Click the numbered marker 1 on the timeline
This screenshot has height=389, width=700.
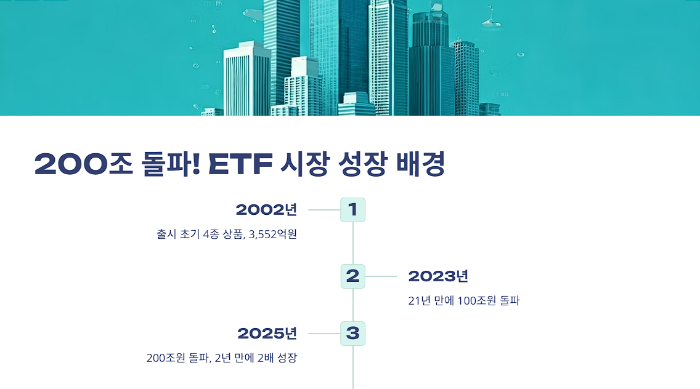point(353,210)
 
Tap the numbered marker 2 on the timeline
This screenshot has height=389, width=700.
point(353,276)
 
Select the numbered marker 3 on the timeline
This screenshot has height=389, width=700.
point(353,334)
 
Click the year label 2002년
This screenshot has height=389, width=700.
point(266,210)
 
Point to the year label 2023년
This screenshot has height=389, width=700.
point(438,276)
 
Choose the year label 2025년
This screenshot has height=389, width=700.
point(267,334)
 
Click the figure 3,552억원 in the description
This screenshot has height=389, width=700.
point(273,235)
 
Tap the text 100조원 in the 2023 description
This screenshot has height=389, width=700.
point(477,301)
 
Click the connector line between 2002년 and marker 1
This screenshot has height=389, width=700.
point(324,210)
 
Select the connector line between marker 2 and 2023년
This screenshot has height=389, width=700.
point(381,276)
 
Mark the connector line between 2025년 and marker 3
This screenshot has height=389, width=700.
point(324,334)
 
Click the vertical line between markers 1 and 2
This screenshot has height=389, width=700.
point(353,243)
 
